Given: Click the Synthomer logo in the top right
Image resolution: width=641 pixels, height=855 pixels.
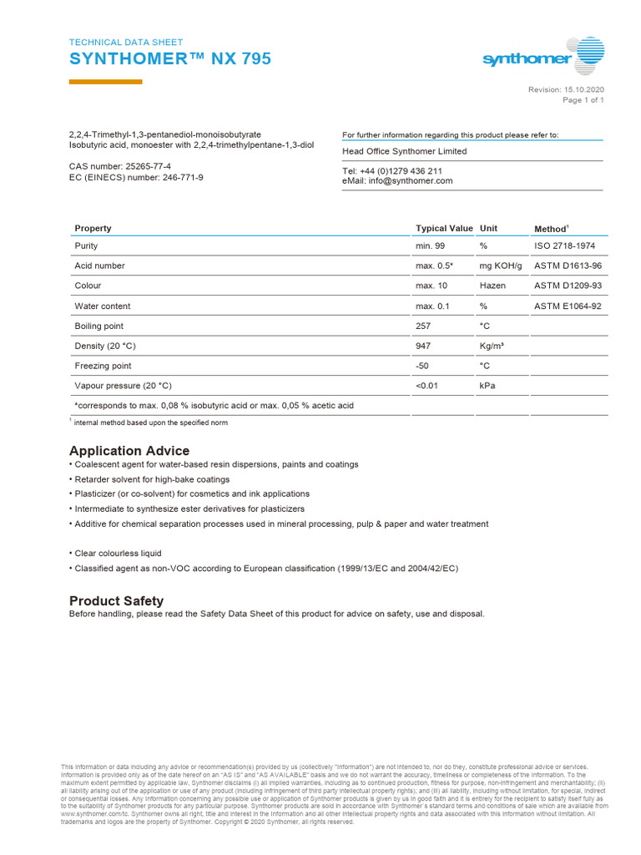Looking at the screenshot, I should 543,58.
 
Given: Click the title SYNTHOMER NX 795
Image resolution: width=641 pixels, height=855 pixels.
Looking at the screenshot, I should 169,59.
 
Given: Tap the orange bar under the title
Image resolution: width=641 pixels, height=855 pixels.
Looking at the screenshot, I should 105,82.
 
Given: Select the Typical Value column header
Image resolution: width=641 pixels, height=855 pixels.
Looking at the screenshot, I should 444,228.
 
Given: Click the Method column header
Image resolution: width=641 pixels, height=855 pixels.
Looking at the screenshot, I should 551,229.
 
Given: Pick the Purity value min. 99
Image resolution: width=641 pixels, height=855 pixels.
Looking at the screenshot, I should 432,246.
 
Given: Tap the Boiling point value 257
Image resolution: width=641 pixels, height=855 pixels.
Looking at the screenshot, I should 423,326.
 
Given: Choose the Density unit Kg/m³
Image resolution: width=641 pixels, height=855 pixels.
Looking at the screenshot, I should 492,346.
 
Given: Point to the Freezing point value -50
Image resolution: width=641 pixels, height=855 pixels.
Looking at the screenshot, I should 423,366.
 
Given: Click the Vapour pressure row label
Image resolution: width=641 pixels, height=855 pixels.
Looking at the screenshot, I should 123,386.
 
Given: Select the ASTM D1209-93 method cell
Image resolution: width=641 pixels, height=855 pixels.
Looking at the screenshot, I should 568,286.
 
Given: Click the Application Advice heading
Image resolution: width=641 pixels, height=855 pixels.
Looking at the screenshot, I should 129,451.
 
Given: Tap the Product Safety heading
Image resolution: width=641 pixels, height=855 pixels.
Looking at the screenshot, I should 116,600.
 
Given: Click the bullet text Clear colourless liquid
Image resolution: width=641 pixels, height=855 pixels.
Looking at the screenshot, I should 118,554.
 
